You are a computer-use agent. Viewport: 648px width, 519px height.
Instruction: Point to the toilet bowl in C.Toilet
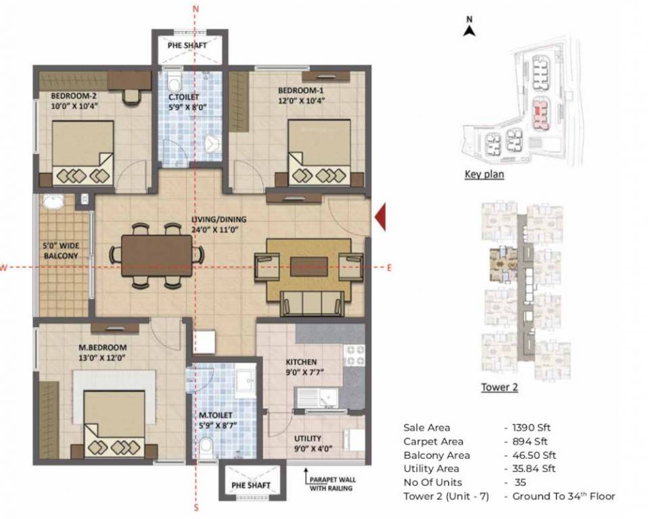click(175, 84)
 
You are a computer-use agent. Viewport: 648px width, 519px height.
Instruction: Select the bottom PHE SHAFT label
click(251, 485)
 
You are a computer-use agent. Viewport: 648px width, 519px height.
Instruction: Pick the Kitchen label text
click(301, 362)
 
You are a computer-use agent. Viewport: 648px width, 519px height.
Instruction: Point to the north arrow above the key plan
click(468, 28)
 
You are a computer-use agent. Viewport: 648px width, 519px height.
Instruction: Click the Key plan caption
click(484, 174)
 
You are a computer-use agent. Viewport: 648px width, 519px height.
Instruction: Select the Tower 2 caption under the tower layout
click(499, 387)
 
